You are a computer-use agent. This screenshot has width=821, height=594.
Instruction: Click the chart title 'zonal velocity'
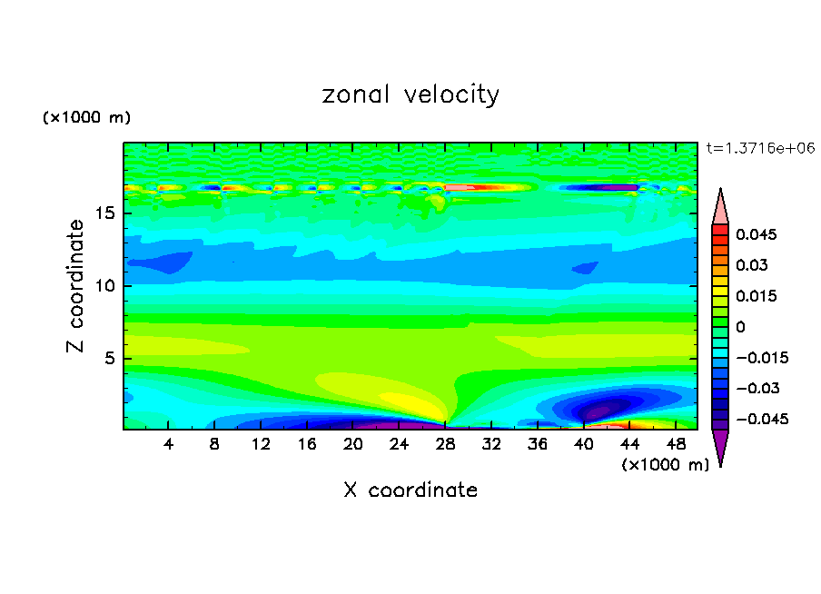[x=410, y=94]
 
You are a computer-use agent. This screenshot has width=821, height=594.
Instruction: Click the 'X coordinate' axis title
[x=410, y=490]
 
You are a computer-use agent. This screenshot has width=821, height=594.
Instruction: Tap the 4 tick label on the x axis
[x=169, y=444]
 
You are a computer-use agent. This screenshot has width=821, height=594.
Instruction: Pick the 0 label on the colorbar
[x=740, y=327]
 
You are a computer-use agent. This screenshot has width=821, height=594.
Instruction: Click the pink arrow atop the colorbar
[x=720, y=207]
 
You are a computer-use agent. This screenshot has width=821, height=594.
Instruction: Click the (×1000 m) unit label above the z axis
[x=87, y=118]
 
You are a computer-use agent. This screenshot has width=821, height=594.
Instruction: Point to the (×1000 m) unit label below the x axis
[x=666, y=465]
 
